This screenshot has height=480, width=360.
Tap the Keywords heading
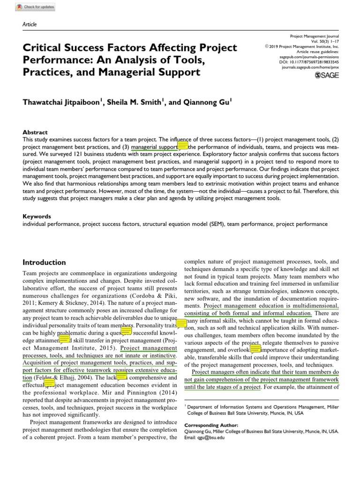(x=37, y=217)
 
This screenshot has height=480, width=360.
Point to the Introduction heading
(x=45, y=262)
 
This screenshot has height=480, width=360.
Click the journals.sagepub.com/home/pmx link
(x=310, y=67)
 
